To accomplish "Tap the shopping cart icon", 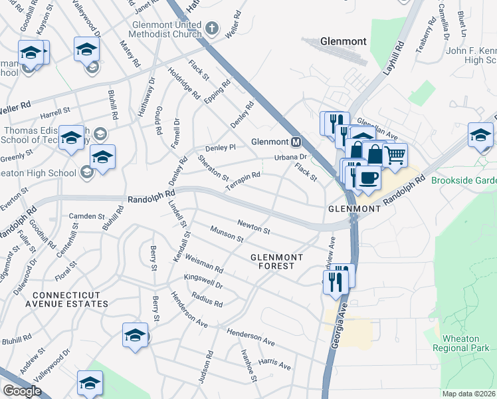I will pyautogui.click(x=395, y=156).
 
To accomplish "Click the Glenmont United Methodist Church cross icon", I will pyautogui.click(x=211, y=28).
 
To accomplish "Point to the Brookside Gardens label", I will pyautogui.click(x=463, y=180).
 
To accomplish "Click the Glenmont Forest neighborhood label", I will pyautogui.click(x=276, y=261).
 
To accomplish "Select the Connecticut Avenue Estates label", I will pyautogui.click(x=70, y=299).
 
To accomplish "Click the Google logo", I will pyautogui.click(x=21, y=391).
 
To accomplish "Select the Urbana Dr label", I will pyautogui.click(x=292, y=158).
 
